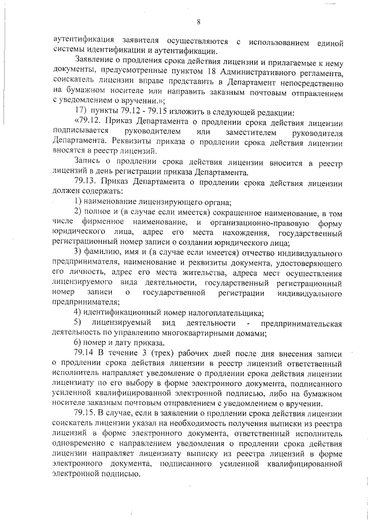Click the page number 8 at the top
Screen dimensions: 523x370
(198, 23)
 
